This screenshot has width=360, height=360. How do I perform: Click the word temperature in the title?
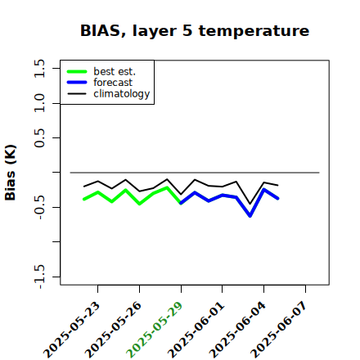pos(254,31)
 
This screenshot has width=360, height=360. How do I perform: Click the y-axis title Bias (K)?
pos(11,173)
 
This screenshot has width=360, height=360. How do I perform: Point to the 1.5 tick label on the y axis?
pos(39,68)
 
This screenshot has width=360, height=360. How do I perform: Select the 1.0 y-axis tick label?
pos(39,103)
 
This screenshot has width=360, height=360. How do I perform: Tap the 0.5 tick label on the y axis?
pos(39,138)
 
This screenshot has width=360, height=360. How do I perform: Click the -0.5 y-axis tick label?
pos(39,208)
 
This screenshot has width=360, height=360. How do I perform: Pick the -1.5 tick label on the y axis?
pos(39,277)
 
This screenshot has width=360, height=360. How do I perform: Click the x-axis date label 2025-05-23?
pos(72,330)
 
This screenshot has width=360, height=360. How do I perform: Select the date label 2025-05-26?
pos(114,330)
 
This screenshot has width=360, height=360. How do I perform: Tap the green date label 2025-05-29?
pos(155,330)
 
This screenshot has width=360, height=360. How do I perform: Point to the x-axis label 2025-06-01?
pos(196,330)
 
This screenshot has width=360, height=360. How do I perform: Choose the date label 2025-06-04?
pos(238,330)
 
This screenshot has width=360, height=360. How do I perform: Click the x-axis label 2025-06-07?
pos(280,330)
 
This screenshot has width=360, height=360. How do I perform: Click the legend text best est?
pos(115,71)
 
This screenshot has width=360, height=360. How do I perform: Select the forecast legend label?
pos(113,83)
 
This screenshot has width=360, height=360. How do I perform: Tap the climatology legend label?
pos(122,94)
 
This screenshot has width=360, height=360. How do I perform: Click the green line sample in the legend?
pos(77,71)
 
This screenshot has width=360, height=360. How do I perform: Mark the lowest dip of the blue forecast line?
pos(250,216)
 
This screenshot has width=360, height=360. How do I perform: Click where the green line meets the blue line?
pos(181,204)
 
